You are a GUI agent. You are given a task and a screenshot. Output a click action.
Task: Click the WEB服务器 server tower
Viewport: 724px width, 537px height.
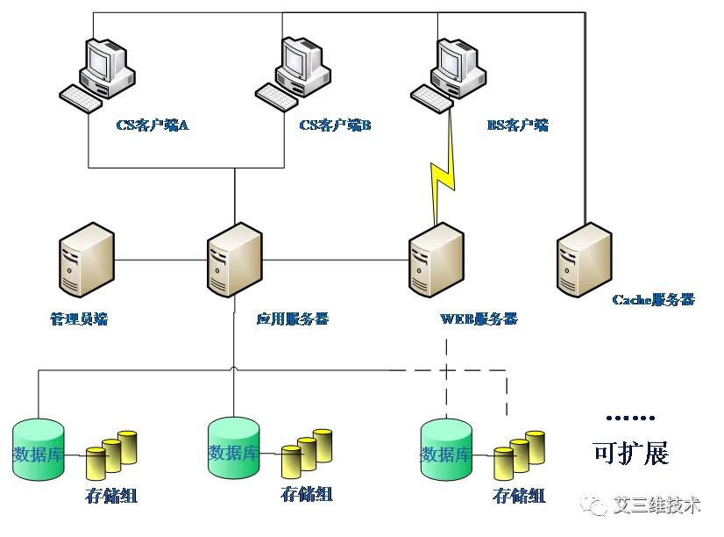pyautogui.click(x=436, y=261)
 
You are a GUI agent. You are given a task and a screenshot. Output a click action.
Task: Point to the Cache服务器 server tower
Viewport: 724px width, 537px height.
pyautogui.click(x=584, y=261)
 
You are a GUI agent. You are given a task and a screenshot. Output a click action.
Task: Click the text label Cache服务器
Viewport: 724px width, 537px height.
pyautogui.click(x=653, y=299)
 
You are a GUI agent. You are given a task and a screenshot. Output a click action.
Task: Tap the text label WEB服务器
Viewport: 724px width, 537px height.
pyautogui.click(x=478, y=318)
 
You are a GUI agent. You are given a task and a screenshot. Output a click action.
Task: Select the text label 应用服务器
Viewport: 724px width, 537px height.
pyautogui.click(x=292, y=319)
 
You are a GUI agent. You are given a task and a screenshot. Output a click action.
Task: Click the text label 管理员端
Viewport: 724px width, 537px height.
pyautogui.click(x=79, y=319)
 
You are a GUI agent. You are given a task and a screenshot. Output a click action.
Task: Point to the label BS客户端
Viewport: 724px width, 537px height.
pyautogui.click(x=517, y=125)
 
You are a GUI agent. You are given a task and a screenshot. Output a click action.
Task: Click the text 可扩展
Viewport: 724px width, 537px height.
pyautogui.click(x=631, y=453)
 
